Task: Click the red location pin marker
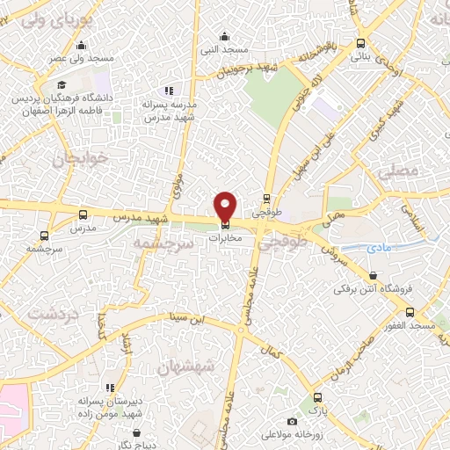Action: (x=226, y=206)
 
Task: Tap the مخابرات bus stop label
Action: (x=226, y=236)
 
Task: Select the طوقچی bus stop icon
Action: (x=266, y=198)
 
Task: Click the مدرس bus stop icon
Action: (x=83, y=214)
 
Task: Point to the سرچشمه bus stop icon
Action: (x=45, y=236)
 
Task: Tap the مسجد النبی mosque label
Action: (x=226, y=50)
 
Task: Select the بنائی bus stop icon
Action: (x=361, y=43)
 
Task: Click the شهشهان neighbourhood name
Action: (x=185, y=367)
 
